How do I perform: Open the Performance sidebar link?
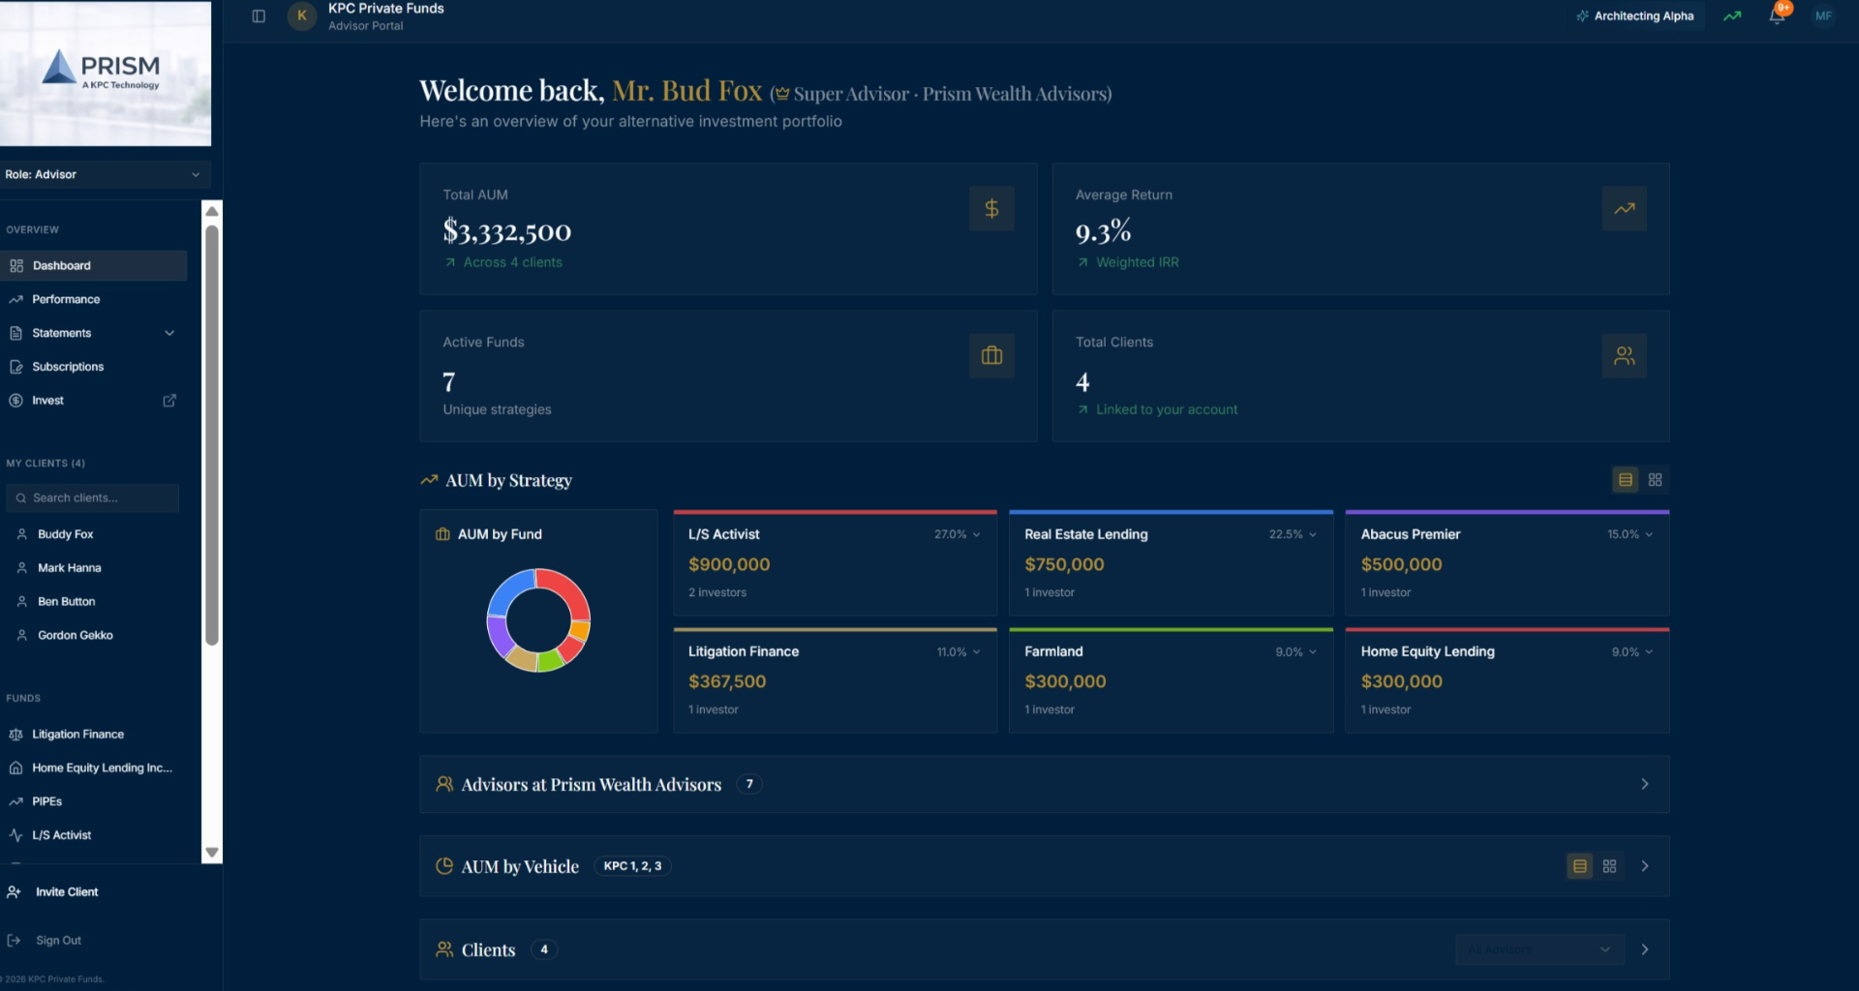point(66,299)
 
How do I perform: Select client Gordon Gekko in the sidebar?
point(76,635)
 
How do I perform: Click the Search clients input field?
point(93,497)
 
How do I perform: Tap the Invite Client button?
point(67,891)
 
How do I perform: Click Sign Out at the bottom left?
point(58,940)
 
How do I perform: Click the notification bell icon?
point(1777,15)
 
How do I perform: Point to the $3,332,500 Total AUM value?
point(507,231)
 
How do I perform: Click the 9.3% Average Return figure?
point(1103,231)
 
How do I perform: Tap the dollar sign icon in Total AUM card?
point(991,208)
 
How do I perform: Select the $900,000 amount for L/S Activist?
point(729,564)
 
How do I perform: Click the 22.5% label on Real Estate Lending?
point(1286,534)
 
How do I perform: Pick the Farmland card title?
point(1053,651)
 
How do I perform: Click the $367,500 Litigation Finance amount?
point(727,681)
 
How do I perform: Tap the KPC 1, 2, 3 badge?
point(632,866)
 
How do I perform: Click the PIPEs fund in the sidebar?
point(46,801)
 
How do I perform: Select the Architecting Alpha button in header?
point(1635,15)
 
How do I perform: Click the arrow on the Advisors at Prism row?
point(1645,784)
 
